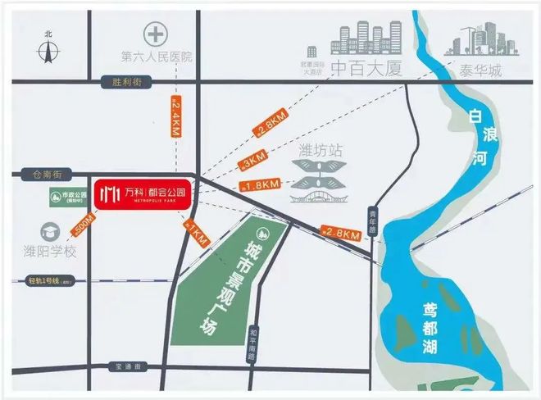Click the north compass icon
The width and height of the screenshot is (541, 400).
[49, 48]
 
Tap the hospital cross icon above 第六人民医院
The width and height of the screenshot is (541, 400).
[154, 35]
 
